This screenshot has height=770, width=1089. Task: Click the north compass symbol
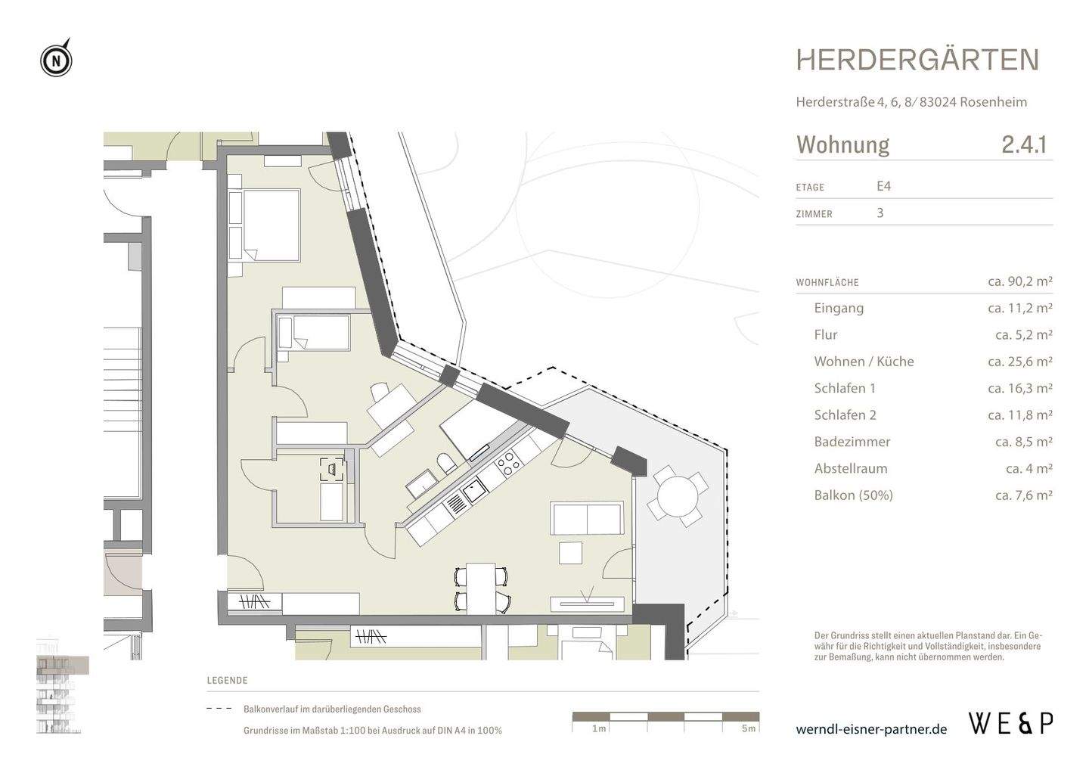coord(56,60)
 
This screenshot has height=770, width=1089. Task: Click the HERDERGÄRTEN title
coord(917,61)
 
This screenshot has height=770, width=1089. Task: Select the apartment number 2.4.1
coord(1023,144)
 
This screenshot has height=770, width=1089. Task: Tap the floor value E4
coord(884,186)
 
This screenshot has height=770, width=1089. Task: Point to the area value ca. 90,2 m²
coord(1019,281)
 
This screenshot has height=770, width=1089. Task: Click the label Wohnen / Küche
coord(864,362)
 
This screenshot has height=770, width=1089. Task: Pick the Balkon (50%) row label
coord(853,495)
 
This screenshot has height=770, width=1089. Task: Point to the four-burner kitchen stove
coord(505,461)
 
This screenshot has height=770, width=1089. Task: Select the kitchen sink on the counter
coord(475,492)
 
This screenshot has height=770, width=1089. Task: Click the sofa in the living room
coord(588,519)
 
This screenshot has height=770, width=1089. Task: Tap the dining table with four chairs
coord(481,588)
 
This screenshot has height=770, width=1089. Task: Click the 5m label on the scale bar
coord(748,728)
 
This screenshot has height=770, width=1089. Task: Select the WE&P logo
coord(1010,723)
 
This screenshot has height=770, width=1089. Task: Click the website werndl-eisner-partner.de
coord(871,729)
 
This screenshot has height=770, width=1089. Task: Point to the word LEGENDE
coord(227,680)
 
